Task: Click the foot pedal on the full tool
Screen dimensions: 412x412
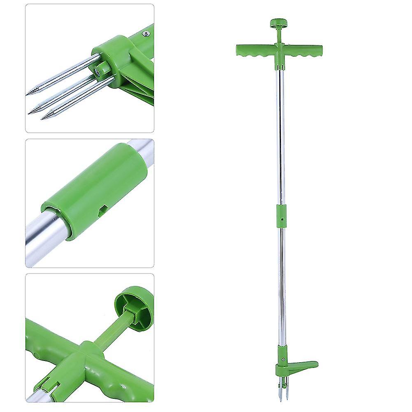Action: (305, 365)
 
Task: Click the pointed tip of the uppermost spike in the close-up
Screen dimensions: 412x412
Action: (28, 95)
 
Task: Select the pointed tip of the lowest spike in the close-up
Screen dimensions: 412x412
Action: (43, 119)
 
